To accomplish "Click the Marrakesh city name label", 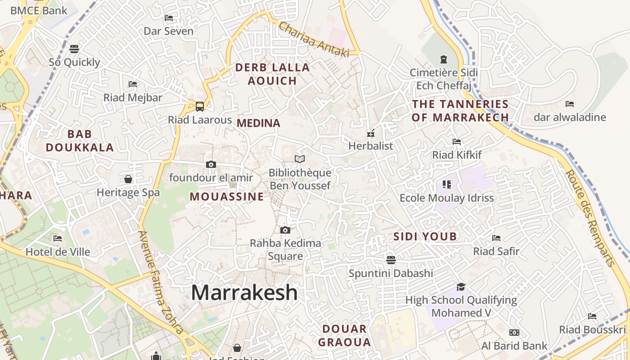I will click(x=244, y=293).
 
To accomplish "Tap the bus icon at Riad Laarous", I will click(x=200, y=107).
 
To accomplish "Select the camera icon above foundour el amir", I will click(x=211, y=165).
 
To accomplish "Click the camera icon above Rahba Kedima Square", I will click(x=285, y=230).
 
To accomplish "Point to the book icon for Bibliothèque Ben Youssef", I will click(x=300, y=159).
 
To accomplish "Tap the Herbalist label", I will click(x=371, y=146).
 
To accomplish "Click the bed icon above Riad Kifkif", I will click(x=457, y=142).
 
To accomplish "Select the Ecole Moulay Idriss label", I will click(x=447, y=198).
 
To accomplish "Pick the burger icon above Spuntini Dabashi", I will click(x=391, y=260).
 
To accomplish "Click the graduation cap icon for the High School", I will click(x=461, y=287).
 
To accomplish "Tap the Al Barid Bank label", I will click(x=514, y=346).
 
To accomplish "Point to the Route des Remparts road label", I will click(x=590, y=218).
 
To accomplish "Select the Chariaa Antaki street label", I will click(x=314, y=40).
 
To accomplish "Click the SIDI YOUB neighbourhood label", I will click(x=425, y=237).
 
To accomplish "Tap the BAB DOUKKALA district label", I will click(x=80, y=141).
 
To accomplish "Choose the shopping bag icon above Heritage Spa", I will click(x=128, y=179).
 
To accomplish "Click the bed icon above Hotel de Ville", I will click(x=58, y=238).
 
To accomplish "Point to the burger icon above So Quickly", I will click(x=74, y=49).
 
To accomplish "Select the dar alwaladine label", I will click(x=570, y=118).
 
